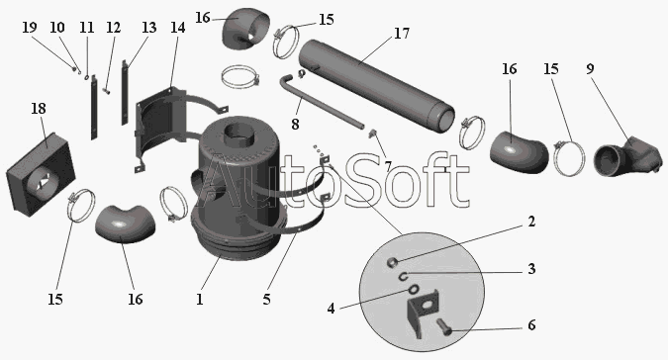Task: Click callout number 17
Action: click(402, 34)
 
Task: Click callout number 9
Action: click(590, 69)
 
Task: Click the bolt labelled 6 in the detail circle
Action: click(445, 328)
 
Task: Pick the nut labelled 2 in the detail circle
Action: click(392, 262)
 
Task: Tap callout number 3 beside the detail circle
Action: click(531, 269)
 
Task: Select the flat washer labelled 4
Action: click(413, 290)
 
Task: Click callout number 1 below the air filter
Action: click(199, 299)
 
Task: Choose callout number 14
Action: click(178, 28)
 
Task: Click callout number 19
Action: click(30, 28)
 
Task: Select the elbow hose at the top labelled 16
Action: click(245, 31)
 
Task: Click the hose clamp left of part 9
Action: click(569, 157)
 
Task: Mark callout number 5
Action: click(266, 299)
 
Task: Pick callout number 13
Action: click(148, 28)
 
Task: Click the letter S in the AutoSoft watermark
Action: click(355, 180)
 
